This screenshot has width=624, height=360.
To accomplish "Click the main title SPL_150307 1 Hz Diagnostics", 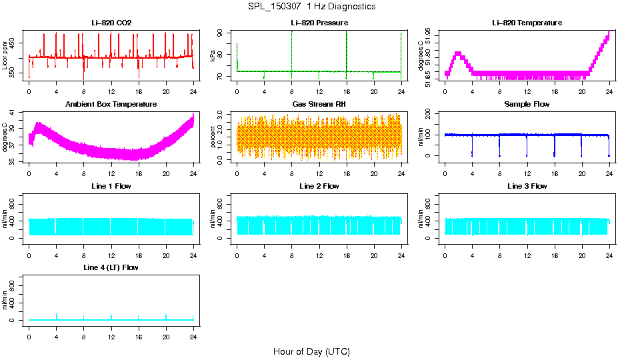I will pyautogui.click(x=311, y=6).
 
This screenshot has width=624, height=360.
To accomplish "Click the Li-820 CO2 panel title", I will pyautogui.click(x=111, y=23).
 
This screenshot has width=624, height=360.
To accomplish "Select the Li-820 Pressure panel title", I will pyautogui.click(x=319, y=23).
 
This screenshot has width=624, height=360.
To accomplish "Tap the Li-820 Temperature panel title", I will pyautogui.click(x=527, y=23).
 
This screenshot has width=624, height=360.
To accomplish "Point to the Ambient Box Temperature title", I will pyautogui.click(x=111, y=105).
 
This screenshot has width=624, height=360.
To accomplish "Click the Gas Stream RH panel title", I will pyautogui.click(x=319, y=105).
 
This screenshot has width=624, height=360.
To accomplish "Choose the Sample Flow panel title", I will pyautogui.click(x=527, y=105).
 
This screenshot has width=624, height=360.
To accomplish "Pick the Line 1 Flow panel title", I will pyautogui.click(x=111, y=186).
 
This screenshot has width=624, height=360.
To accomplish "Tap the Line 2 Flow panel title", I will pyautogui.click(x=319, y=186).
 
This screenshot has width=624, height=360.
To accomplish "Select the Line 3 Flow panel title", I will pyautogui.click(x=527, y=186).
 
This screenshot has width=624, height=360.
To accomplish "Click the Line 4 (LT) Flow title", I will pyautogui.click(x=111, y=267).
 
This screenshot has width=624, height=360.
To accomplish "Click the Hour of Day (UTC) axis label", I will pyautogui.click(x=311, y=351).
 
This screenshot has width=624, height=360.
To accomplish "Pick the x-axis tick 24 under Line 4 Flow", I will pyautogui.click(x=193, y=331).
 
